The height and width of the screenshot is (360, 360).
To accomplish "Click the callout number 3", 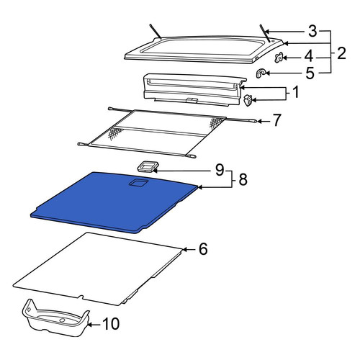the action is click(312, 31).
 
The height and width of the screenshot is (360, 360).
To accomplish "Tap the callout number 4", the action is click(309, 56).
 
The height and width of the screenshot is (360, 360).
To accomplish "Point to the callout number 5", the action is click(310, 73).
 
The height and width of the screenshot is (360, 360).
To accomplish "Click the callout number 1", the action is click(296, 92).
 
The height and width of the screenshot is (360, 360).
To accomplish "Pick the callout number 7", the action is click(276, 120).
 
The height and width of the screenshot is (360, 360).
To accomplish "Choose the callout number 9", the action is click(220, 170).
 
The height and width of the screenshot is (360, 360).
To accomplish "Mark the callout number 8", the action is click(243, 179).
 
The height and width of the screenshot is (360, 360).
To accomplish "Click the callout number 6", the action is click(203, 249).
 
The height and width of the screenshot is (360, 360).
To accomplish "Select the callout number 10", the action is click(111, 323).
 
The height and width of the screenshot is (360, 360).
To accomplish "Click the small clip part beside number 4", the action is click(279, 58).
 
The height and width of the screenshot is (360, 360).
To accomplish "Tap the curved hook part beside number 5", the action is click(261, 73).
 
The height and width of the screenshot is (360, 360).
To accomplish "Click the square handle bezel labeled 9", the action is click(148, 166).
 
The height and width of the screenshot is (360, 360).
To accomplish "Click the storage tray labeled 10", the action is click(56, 318).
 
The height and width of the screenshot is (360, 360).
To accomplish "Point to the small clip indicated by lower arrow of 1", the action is click(248, 100).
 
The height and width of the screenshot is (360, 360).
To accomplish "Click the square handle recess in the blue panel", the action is click(138, 183).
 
